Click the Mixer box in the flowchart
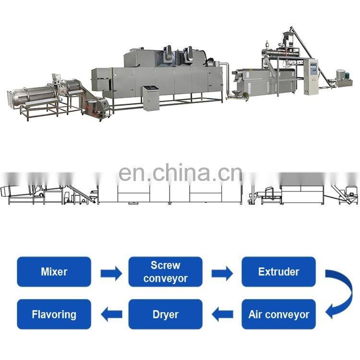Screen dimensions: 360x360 click(54, 272)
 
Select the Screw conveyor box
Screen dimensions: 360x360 click(166, 272)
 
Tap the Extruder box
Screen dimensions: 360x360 click(278, 272)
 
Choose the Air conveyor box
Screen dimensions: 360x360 click(278, 314)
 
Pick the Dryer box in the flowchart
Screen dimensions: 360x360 click(166, 314)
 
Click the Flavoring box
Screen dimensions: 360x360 click(54, 314)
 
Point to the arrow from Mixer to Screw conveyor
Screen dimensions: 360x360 click(111, 273)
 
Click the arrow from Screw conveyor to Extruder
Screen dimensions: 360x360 click(222, 273)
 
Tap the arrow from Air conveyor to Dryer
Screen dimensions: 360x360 click(222, 315)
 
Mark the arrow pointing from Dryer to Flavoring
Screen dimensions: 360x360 click(111, 315)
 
